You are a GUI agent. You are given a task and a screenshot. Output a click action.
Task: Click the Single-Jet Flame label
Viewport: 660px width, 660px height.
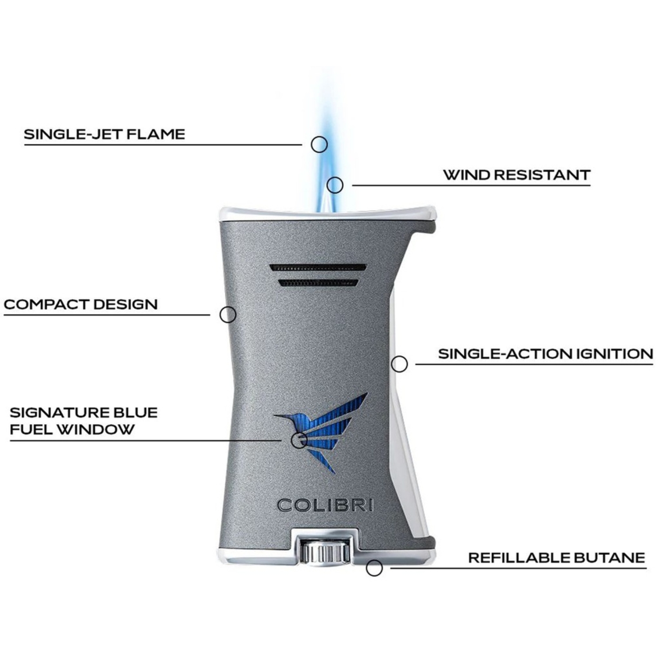coord(104,134)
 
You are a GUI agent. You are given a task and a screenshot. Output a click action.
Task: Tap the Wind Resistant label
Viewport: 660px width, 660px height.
coord(517,175)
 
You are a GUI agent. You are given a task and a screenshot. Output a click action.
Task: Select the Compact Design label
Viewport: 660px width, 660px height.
coord(81,304)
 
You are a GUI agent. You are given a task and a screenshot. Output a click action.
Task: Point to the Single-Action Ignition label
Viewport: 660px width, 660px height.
coord(546,354)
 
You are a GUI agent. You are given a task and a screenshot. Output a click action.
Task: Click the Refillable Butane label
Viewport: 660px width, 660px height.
coord(557,557)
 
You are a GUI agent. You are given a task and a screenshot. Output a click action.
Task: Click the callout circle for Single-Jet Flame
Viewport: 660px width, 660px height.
coord(319,144)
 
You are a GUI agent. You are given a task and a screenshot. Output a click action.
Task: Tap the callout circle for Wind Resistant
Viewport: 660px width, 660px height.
coord(335,185)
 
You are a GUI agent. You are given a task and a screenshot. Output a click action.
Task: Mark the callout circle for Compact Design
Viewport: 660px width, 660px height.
coord(228,314)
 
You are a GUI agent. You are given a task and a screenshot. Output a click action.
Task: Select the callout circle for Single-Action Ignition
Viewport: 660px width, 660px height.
coord(399,364)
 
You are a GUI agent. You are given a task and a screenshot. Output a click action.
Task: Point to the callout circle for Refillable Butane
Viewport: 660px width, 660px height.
coord(374,568)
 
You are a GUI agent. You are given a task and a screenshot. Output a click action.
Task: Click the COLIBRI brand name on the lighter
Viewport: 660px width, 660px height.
coord(326,505)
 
